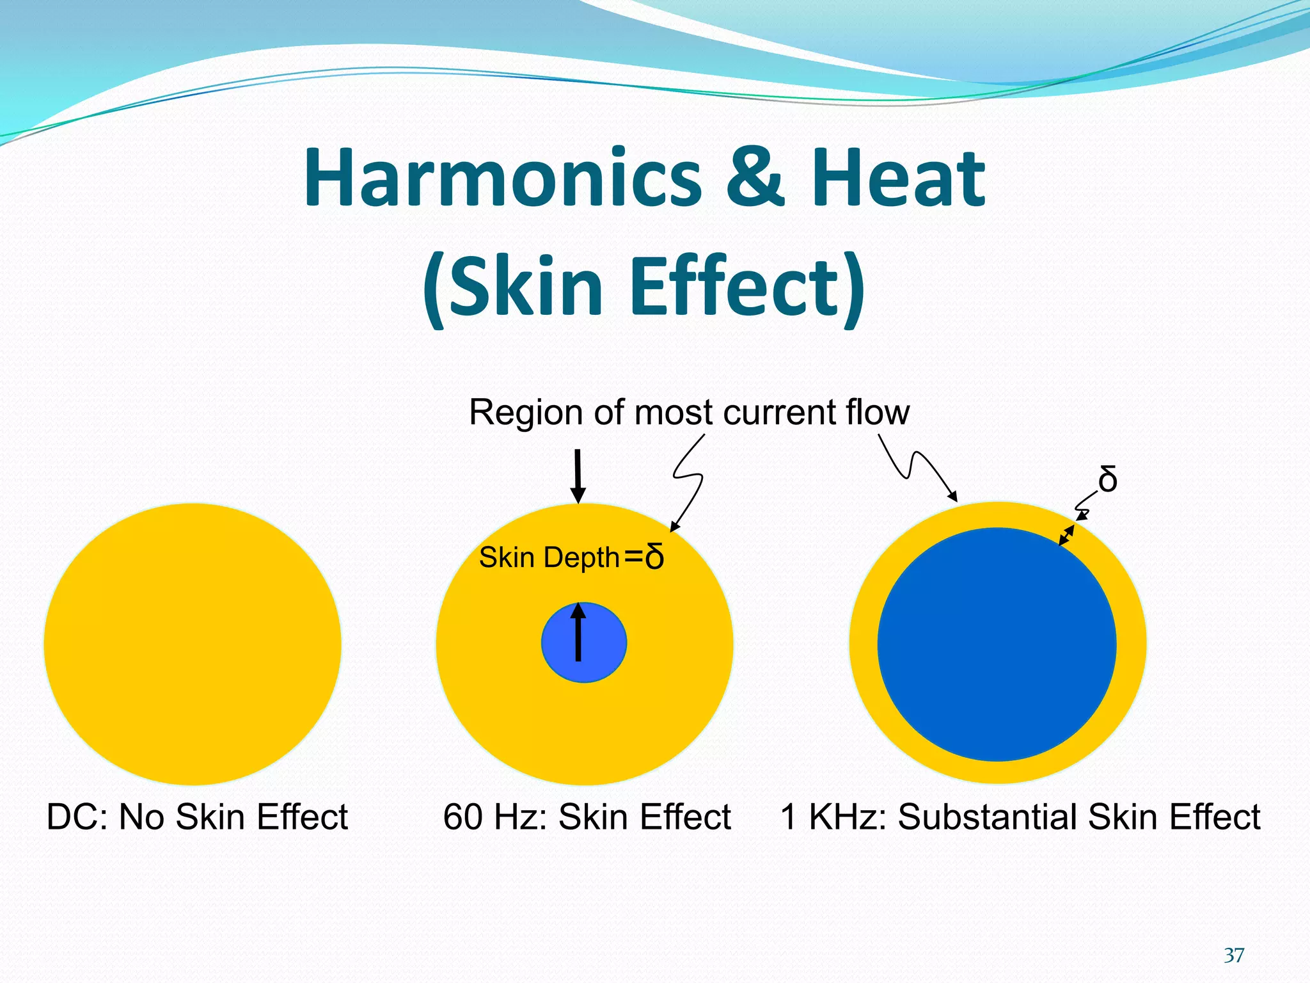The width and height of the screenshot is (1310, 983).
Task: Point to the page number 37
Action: click(1234, 955)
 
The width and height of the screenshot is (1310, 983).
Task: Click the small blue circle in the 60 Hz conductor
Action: click(598, 659)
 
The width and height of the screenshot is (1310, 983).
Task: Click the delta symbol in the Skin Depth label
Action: click(654, 557)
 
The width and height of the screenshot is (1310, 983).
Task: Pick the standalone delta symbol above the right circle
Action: click(1108, 480)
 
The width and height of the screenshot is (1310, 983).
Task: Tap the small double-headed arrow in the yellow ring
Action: click(1066, 535)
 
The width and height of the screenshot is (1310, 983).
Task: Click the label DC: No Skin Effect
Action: click(197, 817)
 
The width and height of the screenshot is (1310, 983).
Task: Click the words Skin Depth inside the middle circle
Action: click(549, 558)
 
